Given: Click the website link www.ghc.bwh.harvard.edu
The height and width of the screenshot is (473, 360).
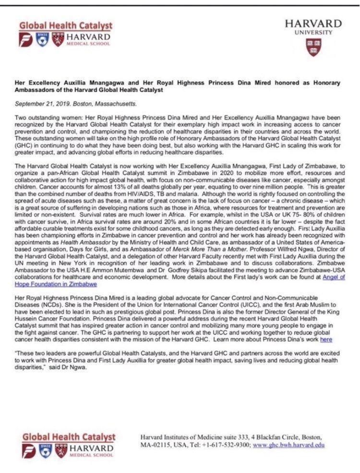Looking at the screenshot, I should (x=289, y=445).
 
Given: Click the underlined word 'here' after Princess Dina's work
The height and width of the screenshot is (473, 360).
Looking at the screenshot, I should (x=326, y=340).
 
